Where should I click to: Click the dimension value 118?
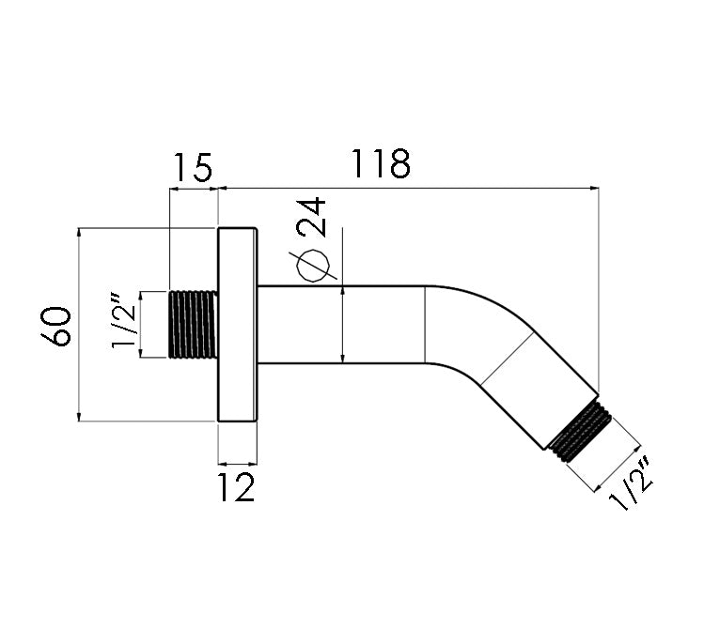pos(382,165)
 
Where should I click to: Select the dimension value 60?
pos(57,326)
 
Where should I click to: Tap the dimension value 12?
pos(237,487)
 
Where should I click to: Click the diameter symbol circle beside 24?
pos(313,265)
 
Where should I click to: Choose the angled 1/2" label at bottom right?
pos(632,484)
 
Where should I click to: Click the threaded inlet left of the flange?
pos(194,324)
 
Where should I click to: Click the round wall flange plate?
pos(238,324)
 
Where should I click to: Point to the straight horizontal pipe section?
pos(338,324)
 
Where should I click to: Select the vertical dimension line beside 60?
pos(79,324)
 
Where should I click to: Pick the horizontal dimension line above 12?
pos(238,463)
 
